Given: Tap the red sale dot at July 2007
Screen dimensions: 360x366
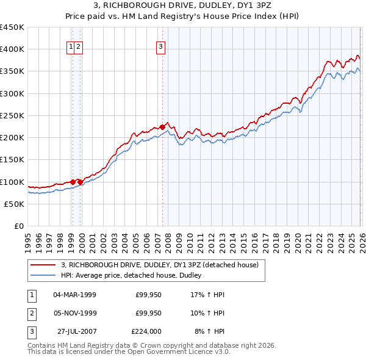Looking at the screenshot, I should pos(162,127).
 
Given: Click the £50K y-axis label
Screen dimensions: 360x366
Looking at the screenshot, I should pos(15,204).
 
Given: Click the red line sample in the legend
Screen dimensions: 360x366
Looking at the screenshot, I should pos(43,265).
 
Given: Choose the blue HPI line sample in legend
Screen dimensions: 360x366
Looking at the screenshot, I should pos(43,275).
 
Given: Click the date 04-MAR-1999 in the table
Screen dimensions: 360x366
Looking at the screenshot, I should pos(74,295).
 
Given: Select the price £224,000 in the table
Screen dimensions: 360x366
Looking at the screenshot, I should pos(146,331).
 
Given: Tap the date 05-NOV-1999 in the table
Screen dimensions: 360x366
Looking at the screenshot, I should pos(74,313).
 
